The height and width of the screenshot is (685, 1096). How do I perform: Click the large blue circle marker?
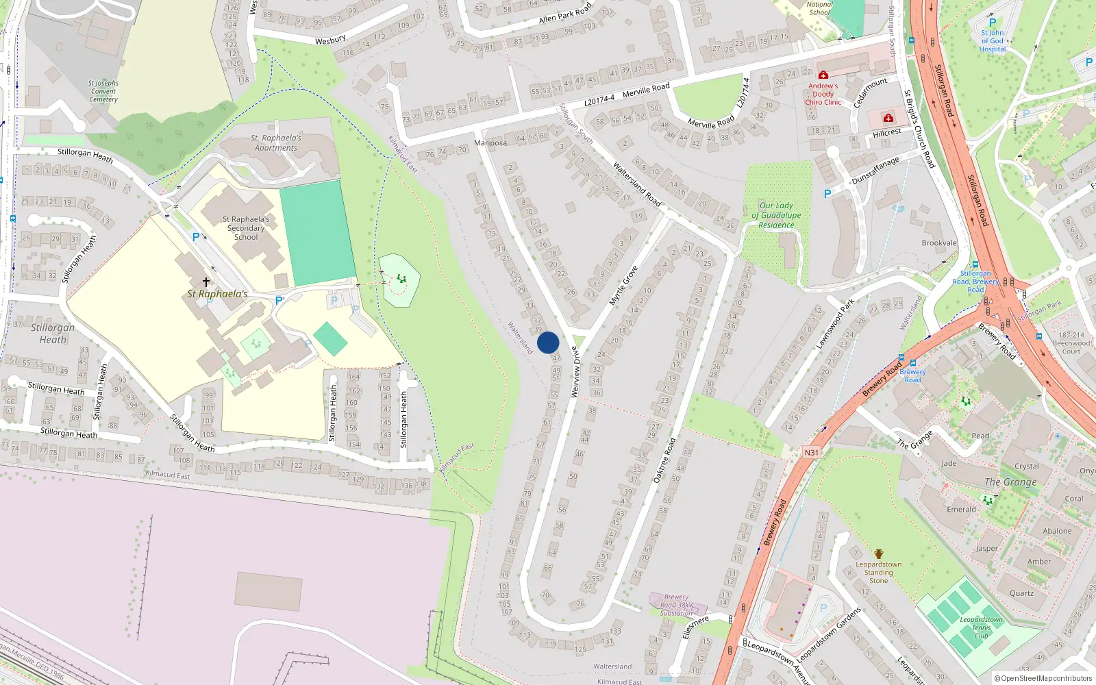(x=548, y=342)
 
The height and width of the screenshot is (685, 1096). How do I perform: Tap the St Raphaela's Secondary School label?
(x=246, y=228)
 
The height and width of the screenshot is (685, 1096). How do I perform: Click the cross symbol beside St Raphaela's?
(x=206, y=282)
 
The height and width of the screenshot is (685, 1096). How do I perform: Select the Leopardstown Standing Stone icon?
(x=878, y=554)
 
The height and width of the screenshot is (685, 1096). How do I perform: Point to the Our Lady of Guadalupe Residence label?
(x=776, y=215)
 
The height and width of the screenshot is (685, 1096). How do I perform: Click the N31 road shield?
(x=812, y=452)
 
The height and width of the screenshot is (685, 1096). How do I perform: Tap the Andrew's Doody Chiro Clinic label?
(x=823, y=95)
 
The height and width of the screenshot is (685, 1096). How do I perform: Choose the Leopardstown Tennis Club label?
(x=981, y=627)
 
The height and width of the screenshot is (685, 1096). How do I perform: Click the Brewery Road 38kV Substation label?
(x=676, y=605)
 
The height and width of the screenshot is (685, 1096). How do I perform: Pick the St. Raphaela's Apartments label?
(x=276, y=142)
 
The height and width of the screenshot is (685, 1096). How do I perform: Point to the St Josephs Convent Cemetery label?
(x=103, y=91)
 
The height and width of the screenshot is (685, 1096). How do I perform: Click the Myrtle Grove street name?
(x=623, y=286)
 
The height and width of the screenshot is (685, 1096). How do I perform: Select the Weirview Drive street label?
(x=575, y=372)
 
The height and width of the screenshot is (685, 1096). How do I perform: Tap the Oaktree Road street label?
(x=664, y=460)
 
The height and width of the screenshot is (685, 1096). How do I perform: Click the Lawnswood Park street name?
(x=835, y=323)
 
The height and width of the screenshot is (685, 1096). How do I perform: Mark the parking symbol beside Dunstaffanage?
(x=827, y=194)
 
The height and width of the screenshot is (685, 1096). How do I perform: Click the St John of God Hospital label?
(x=992, y=41)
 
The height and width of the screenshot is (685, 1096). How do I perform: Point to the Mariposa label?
(x=490, y=142)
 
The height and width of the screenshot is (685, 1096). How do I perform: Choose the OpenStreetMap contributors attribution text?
(x=1043, y=678)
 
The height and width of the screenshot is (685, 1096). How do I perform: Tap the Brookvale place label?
(x=939, y=243)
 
